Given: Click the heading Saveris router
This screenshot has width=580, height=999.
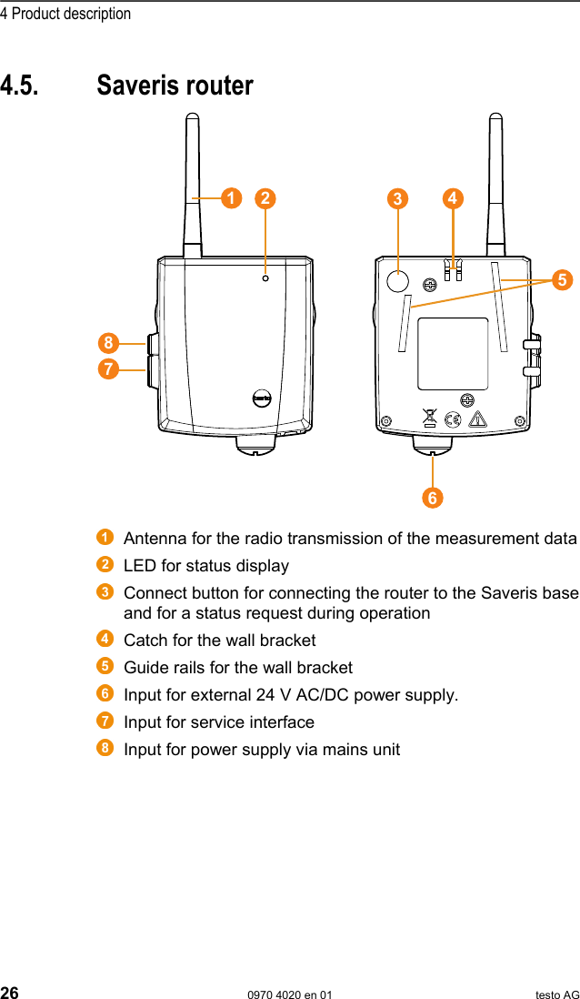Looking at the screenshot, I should click(175, 86).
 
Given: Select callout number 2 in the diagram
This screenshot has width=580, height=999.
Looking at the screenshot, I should click(265, 197).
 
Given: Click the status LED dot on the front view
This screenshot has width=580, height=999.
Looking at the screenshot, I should click(265, 278).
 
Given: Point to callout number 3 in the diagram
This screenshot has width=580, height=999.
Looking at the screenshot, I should click(396, 198).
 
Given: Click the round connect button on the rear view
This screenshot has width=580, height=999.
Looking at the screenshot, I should click(396, 281).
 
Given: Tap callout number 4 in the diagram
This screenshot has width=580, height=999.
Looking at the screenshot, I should click(452, 197).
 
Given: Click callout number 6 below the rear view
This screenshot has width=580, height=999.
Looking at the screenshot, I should click(432, 498).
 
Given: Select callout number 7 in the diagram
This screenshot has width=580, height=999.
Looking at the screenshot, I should click(109, 369).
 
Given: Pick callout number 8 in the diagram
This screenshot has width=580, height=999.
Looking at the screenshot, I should click(109, 343).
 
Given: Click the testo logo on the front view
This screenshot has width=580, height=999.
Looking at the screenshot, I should click(262, 399).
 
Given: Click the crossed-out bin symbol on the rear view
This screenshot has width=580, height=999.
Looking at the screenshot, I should click(430, 419).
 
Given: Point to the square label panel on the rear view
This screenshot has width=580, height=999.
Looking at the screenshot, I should click(452, 354).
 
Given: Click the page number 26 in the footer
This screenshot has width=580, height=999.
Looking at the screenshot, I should click(10, 993).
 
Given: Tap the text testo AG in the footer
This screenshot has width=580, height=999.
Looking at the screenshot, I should click(556, 994).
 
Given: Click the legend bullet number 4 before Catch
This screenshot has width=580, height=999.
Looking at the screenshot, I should click(106, 639).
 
